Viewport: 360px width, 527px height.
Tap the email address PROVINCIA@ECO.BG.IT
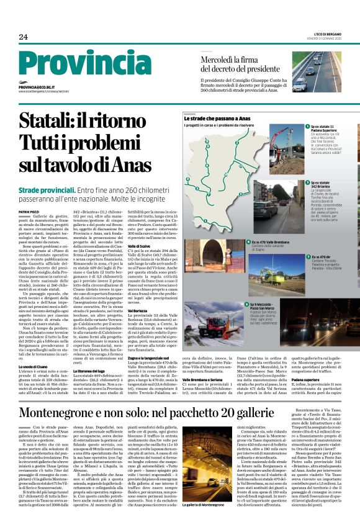[x=41, y=88]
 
